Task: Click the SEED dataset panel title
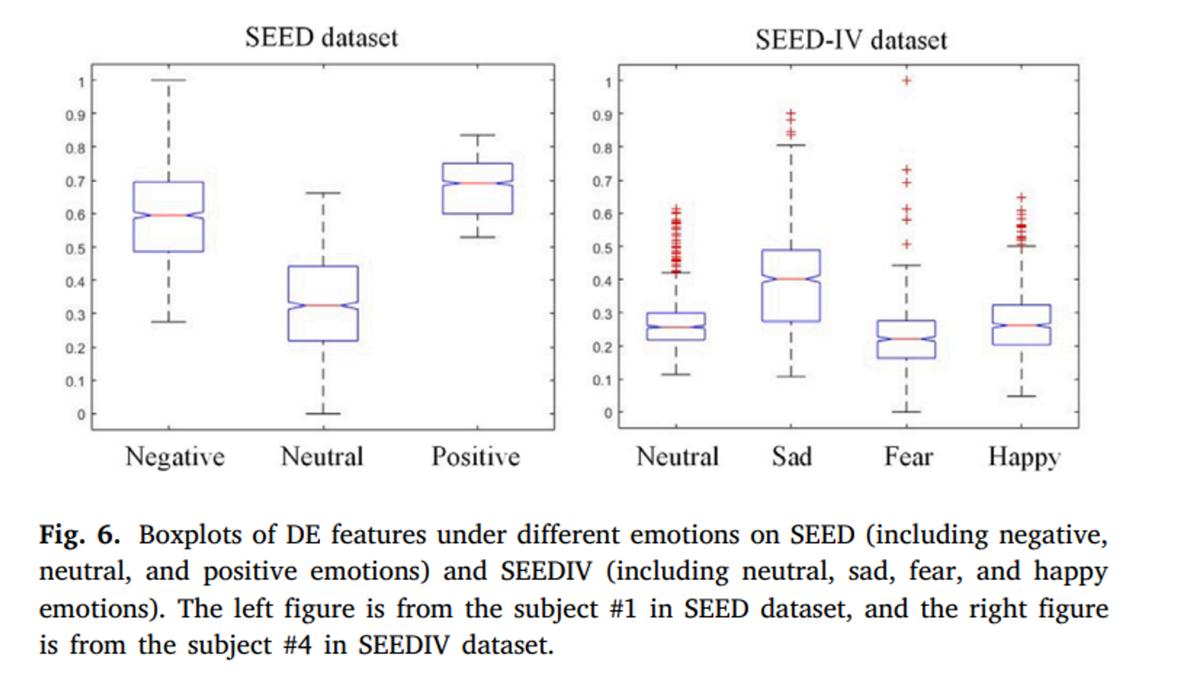pos(321,38)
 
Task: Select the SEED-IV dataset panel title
pos(851,40)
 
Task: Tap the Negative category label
pos(175,456)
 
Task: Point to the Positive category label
pos(476,456)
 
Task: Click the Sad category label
pos(792,456)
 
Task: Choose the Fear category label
pos(908,456)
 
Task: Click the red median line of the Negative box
pos(169,215)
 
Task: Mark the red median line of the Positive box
pos(477,182)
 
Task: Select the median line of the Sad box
pos(791,279)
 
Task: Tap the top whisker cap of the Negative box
pos(169,79)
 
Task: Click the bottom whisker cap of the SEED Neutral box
pos(323,414)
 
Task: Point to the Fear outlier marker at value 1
pos(907,81)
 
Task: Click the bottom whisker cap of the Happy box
pos(1022,396)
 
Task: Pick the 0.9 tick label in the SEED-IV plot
pos(602,115)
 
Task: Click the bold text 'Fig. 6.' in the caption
pos(79,535)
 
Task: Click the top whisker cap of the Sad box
pos(791,145)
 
